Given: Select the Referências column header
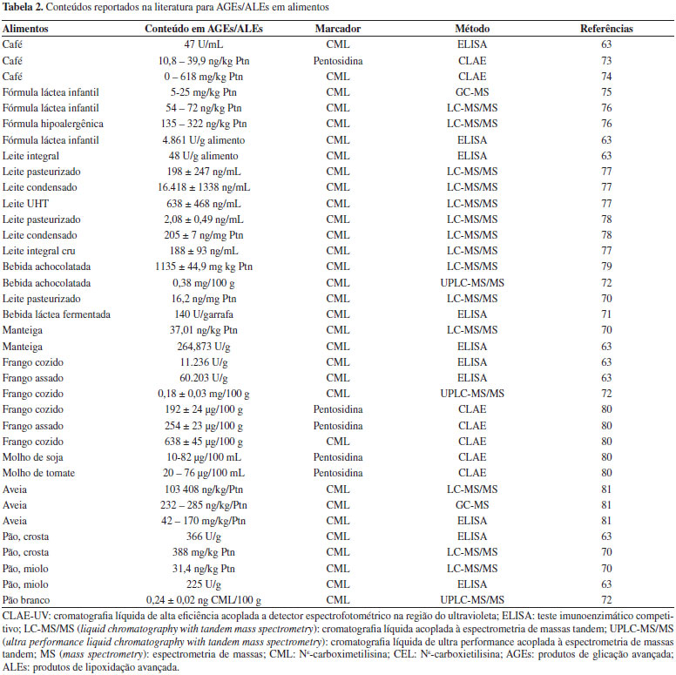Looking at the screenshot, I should pyautogui.click(x=606, y=29).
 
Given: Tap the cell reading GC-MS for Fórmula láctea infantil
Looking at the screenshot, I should pyautogui.click(x=471, y=91).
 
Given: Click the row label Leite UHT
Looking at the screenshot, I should pyautogui.click(x=26, y=203).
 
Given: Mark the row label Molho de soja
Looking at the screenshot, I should pyautogui.click(x=34, y=457).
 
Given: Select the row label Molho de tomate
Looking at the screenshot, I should pyautogui.click(x=38, y=473).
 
